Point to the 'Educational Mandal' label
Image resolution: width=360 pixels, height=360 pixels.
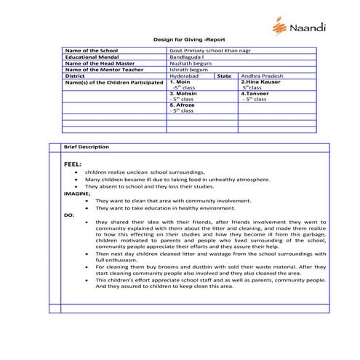pos(91,57)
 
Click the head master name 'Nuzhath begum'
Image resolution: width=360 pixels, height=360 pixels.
pos(188,63)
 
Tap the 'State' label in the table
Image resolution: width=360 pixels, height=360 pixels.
pos(224,76)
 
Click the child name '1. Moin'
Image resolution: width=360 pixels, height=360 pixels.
pos(180,82)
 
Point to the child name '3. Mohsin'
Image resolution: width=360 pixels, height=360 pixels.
pos(183,94)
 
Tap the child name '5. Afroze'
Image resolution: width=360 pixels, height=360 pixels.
pos(183,105)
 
